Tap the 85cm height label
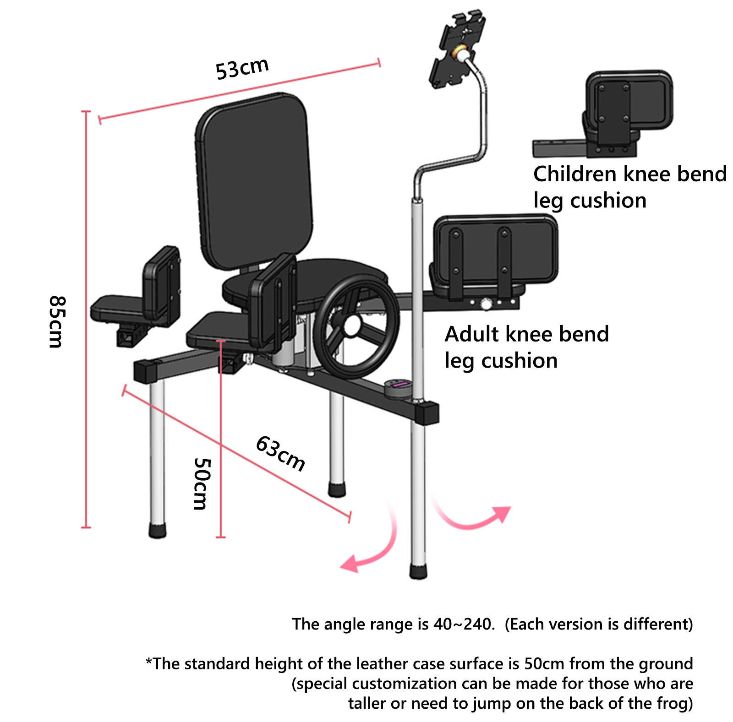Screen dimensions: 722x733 tap(58, 321)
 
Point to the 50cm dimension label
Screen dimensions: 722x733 tap(202, 483)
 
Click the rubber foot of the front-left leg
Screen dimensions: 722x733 tap(157, 530)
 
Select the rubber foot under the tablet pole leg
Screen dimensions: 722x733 tap(418, 572)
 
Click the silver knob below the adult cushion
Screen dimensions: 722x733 tap(486, 303)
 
